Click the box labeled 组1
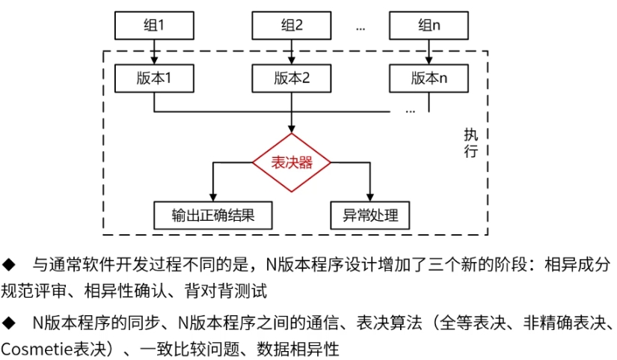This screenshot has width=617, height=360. click(153, 25)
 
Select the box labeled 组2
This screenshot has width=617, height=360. click(291, 25)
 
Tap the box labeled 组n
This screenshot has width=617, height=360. click(429, 25)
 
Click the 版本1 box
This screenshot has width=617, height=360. click(153, 77)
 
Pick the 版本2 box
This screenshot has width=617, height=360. click(291, 77)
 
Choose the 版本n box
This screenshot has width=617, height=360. click(429, 77)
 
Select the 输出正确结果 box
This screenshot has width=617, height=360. click(212, 216)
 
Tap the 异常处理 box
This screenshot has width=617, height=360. click(370, 216)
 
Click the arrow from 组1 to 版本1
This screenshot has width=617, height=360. click(153, 52)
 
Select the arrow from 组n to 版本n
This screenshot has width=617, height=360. click(429, 52)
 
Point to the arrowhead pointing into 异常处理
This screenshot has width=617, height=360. click(370, 197)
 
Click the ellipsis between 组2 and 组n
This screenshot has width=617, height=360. click(360, 27)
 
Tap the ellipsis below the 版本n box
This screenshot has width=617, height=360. click(410, 109)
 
